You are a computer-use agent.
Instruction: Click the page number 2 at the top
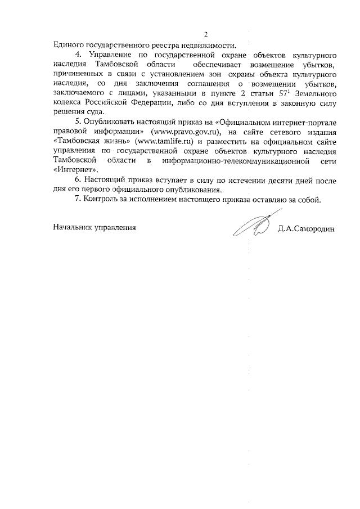205,34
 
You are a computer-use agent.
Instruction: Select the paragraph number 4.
79,56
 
